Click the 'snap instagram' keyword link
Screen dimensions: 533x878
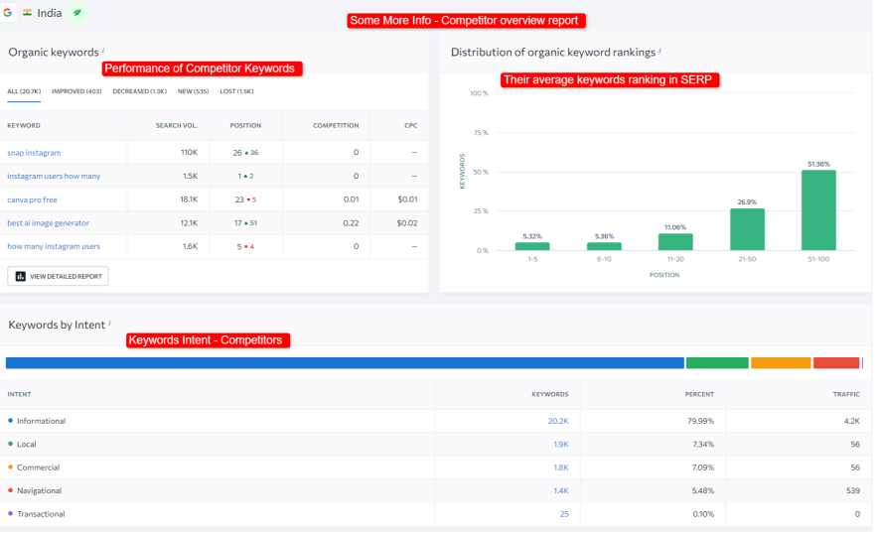click(34, 153)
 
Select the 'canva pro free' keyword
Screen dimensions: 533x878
click(32, 200)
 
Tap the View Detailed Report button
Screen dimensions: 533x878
click(58, 276)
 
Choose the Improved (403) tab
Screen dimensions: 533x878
click(76, 91)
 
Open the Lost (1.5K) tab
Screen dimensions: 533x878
click(236, 91)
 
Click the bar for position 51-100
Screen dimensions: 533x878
click(818, 210)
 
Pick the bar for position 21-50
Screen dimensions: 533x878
click(747, 229)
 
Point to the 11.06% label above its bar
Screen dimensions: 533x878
click(675, 226)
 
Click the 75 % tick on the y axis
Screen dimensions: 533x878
click(479, 132)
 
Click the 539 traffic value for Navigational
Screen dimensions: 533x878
click(851, 490)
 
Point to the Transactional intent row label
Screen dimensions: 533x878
click(41, 514)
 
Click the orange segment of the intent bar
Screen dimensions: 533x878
click(781, 363)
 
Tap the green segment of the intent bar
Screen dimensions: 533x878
click(716, 363)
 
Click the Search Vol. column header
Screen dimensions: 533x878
click(176, 126)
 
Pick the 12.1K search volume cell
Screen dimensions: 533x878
click(188, 223)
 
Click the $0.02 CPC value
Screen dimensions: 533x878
click(407, 223)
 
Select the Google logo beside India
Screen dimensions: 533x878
click(8, 13)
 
